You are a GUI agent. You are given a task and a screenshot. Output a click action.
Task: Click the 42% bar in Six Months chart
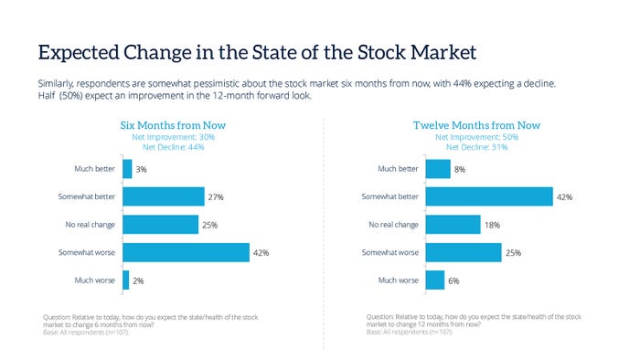tap(186, 252)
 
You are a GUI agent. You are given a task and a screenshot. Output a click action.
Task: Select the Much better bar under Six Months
tap(127, 169)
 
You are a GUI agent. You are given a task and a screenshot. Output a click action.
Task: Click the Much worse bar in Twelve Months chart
tap(434, 281)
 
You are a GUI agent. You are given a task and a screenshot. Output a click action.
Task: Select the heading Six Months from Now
tap(174, 125)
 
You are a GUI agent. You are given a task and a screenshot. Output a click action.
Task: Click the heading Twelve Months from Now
tap(476, 125)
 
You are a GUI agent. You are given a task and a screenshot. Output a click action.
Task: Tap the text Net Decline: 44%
tap(174, 147)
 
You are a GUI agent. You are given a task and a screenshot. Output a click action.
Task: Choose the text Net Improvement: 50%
tap(476, 137)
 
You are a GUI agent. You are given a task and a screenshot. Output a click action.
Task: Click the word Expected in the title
tap(77, 50)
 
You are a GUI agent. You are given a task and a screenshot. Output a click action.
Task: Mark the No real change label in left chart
tap(89, 225)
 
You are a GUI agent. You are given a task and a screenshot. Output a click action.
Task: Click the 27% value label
tap(216, 196)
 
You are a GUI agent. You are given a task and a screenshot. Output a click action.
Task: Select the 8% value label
tap(460, 169)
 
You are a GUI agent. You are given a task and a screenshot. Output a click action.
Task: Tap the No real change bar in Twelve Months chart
tap(453, 225)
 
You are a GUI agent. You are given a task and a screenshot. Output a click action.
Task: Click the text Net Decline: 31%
tap(476, 147)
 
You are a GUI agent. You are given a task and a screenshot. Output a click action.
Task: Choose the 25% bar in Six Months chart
tap(160, 225)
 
